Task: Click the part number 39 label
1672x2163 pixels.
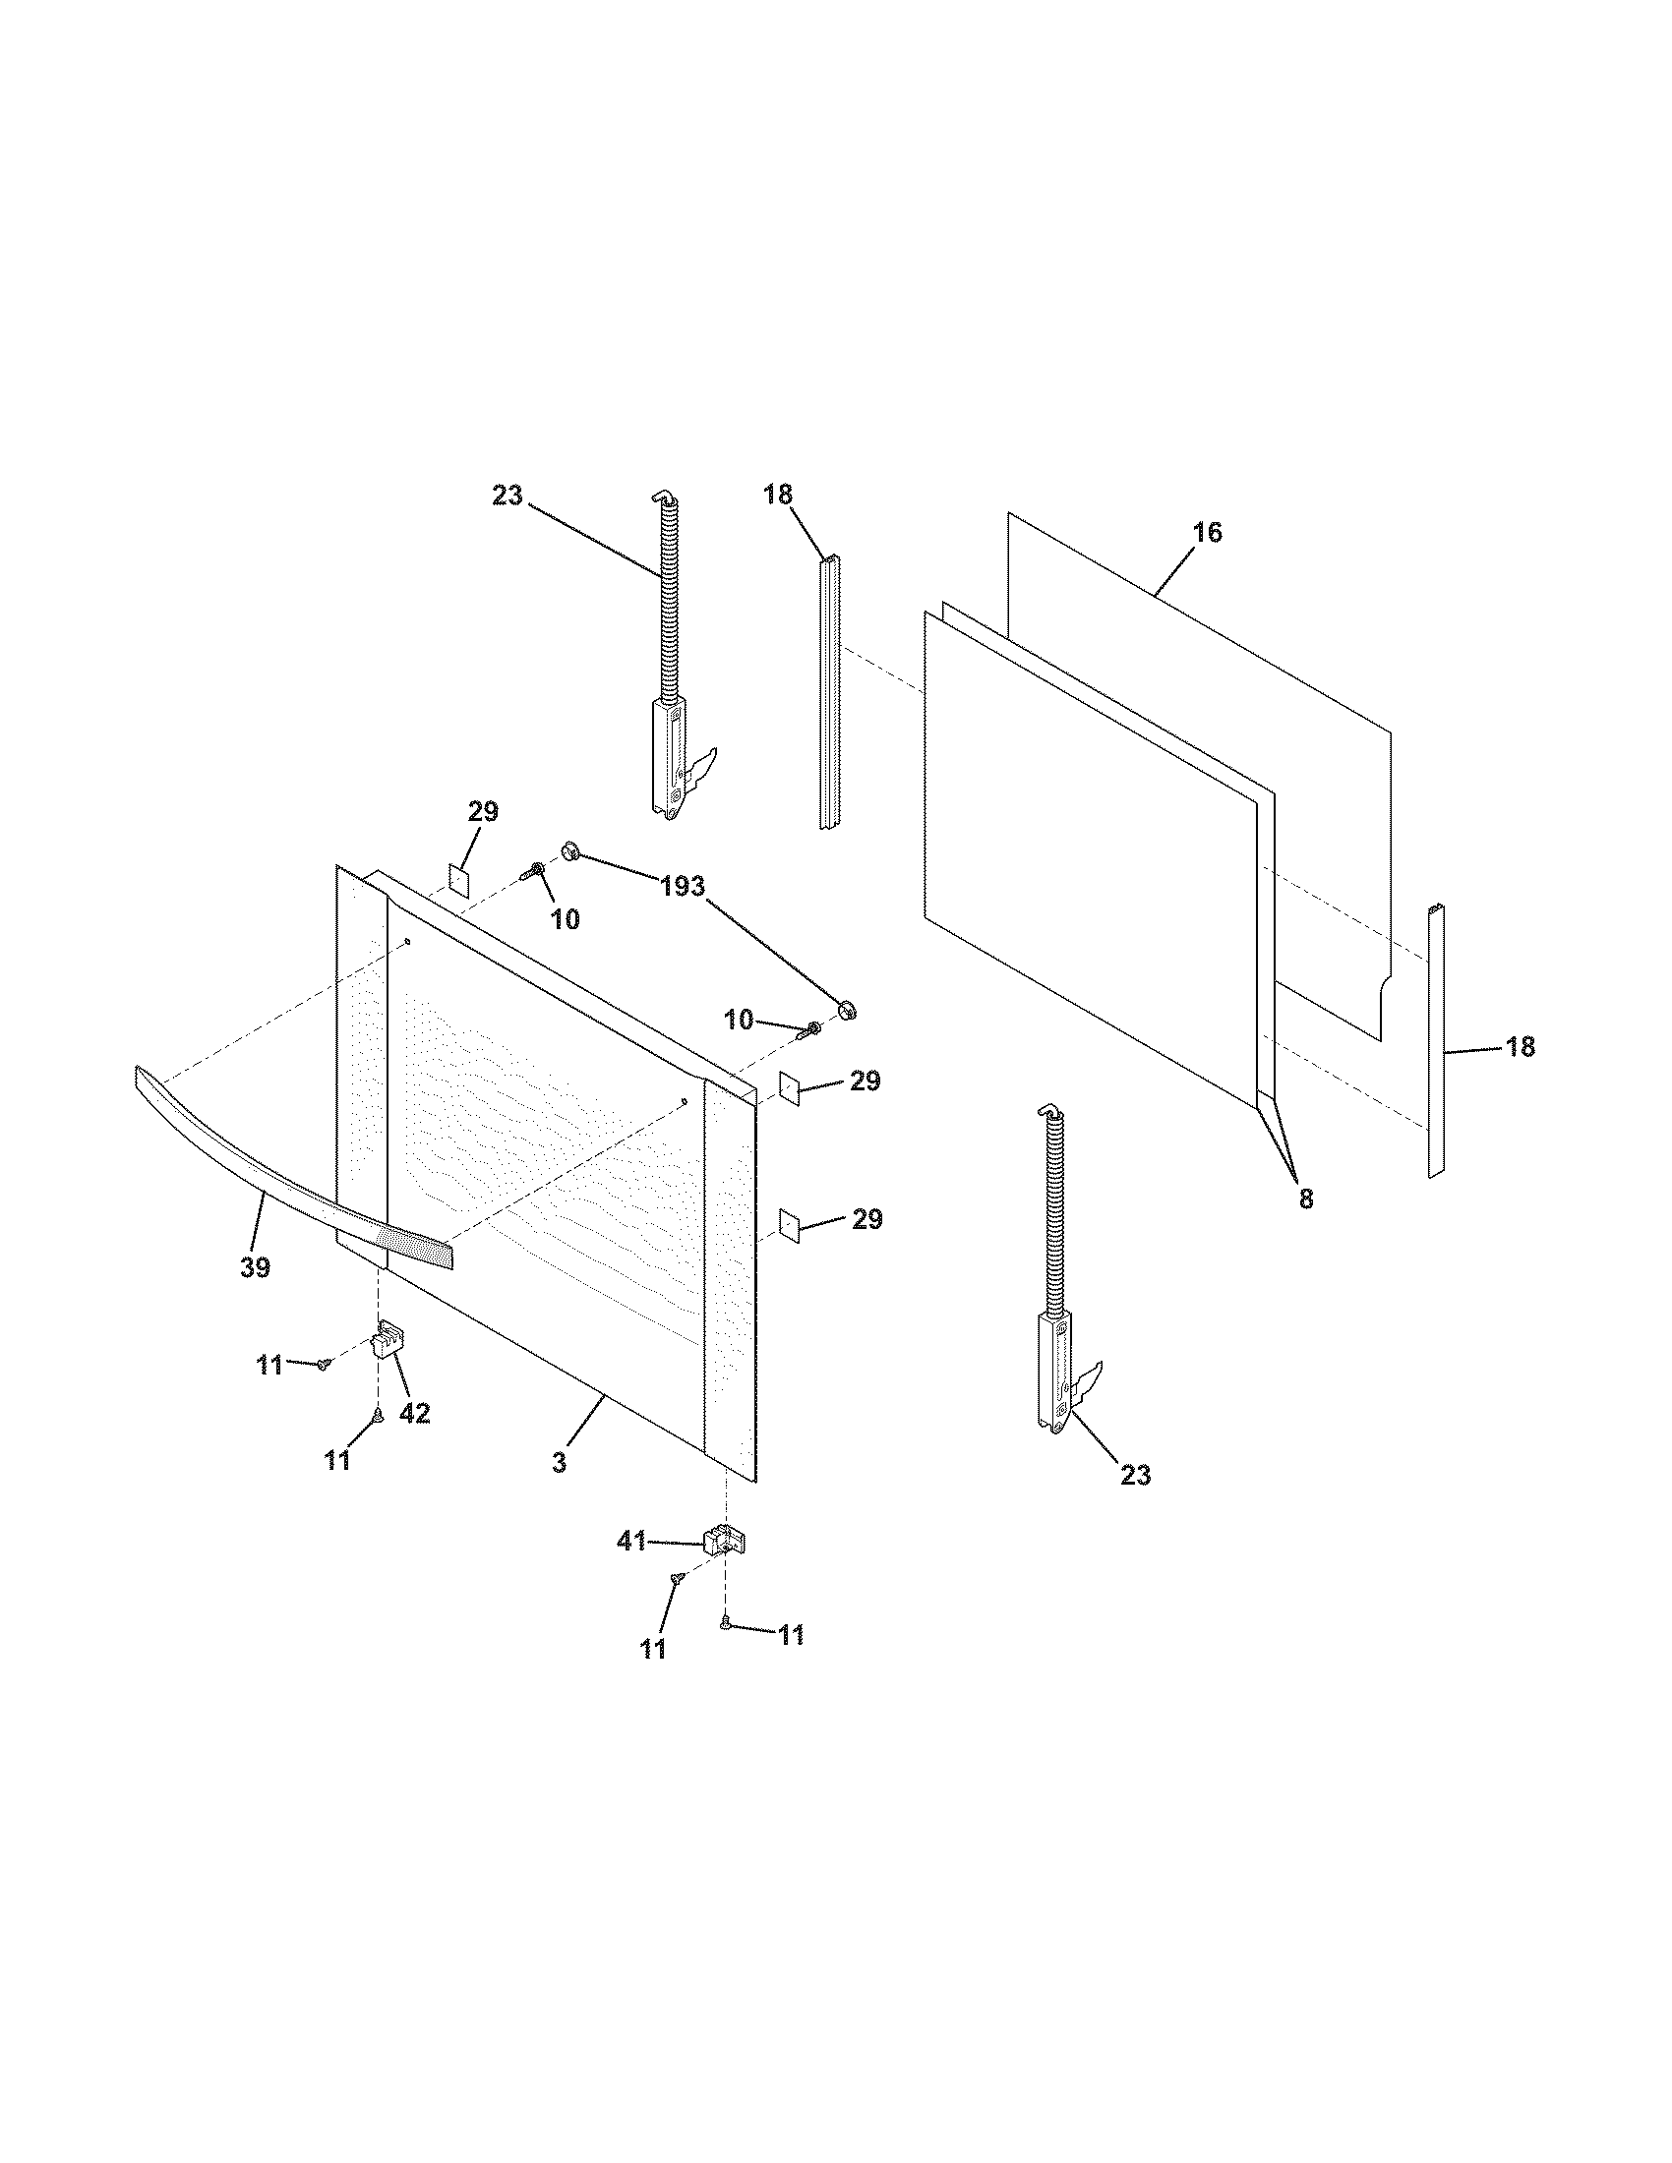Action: click(x=255, y=1266)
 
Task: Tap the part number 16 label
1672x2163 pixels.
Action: click(x=1208, y=533)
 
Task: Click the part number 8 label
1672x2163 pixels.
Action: click(x=1305, y=1199)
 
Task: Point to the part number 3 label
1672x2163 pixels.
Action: click(x=560, y=1490)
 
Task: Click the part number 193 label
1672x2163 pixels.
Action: click(x=682, y=887)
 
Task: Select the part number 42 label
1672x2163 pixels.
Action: click(x=414, y=1414)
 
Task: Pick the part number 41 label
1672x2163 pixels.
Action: click(x=632, y=1541)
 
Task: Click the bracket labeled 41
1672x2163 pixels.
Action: click(x=723, y=1543)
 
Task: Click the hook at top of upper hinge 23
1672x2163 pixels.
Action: click(x=661, y=497)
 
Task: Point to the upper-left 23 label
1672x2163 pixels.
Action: click(x=508, y=496)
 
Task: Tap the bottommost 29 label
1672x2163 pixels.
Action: click(x=866, y=1219)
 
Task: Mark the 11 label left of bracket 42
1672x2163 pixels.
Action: click(x=269, y=1365)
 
